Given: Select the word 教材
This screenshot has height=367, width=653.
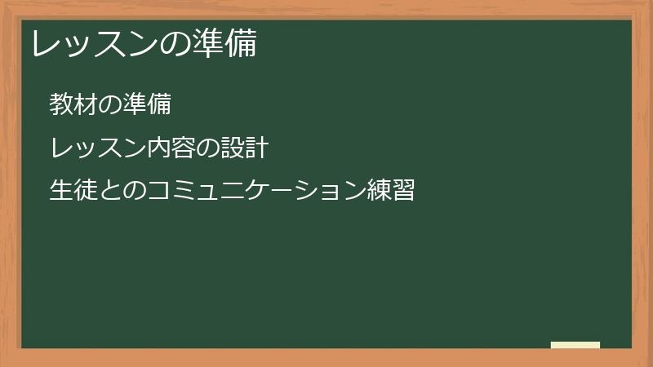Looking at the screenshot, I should (73, 104).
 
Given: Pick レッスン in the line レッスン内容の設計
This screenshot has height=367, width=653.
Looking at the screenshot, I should (97, 148).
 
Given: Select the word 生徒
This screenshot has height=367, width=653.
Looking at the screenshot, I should (73, 192).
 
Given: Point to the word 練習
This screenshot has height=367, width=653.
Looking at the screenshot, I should (391, 192).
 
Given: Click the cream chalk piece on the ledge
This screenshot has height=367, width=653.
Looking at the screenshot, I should (575, 345).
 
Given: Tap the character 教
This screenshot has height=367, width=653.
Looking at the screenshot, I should (61, 104).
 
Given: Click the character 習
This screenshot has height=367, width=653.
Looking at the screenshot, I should (403, 192).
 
